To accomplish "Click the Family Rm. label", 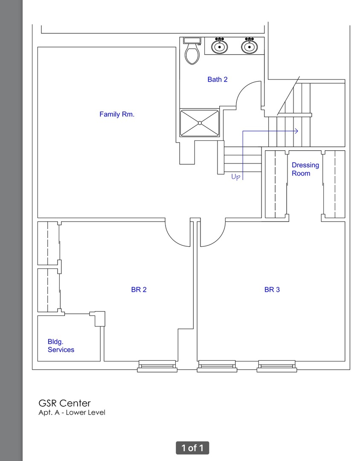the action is [117, 114].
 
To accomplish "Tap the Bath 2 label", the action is [218, 79].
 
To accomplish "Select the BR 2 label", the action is [139, 289].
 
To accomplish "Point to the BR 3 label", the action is [272, 289].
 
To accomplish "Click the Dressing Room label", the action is [305, 169].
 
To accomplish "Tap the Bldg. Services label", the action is [61, 345].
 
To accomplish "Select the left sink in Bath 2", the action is [220, 46].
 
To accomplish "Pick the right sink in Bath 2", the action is [250, 46].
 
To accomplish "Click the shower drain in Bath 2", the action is [200, 123].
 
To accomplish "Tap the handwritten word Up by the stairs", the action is [236, 177].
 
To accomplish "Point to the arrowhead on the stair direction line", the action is [296, 131].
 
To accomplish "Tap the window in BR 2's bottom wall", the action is [157, 366].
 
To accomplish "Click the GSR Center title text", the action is [65, 403].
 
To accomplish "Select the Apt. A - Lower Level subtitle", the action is [72, 412].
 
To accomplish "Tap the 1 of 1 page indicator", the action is [192, 448].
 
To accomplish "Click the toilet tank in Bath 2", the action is [192, 41].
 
